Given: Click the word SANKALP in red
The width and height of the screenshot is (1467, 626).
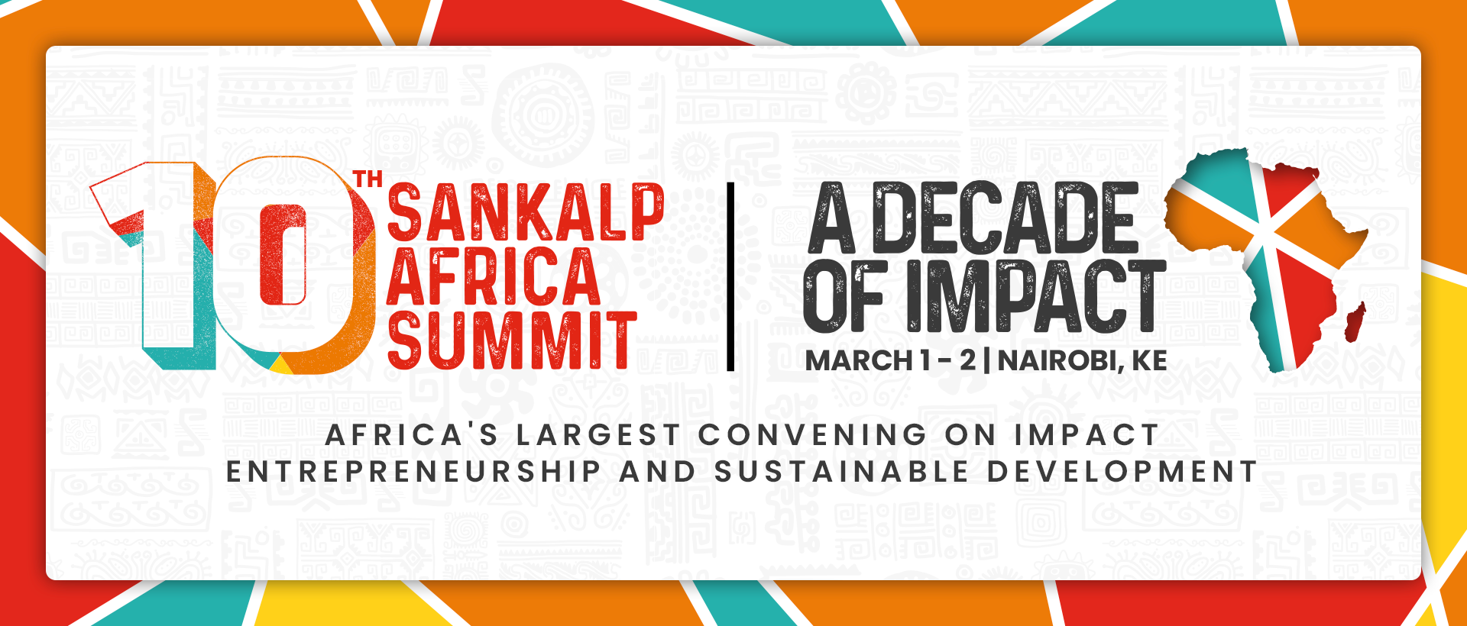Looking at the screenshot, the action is pos(526,213).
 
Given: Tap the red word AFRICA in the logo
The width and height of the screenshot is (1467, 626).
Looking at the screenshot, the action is pos(494,276).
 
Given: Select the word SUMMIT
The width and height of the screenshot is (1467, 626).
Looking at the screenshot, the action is pos(512,340).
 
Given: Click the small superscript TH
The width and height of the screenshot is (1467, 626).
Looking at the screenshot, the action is pos(368,180).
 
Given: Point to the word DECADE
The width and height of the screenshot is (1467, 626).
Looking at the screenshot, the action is pos(1006,218).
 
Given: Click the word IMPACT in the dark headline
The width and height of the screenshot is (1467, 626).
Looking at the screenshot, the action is pos(1036,296).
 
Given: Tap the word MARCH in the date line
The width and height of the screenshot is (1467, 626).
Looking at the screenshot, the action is pos(860,360).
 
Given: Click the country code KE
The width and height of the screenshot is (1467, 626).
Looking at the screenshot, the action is pos(1149,360).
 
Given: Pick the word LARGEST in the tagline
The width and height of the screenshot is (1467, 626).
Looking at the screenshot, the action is pos(598,435).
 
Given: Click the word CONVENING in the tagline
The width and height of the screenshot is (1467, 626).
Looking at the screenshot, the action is pos(813,435).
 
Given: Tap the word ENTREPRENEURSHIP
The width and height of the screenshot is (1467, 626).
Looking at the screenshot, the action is pos(413,472).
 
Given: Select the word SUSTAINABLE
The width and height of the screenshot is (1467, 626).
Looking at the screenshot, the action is pos(841,472).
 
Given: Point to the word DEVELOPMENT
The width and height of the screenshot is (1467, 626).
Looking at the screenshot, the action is pos(1122,472).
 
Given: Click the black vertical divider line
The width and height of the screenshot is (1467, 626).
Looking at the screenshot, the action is pos(730,276).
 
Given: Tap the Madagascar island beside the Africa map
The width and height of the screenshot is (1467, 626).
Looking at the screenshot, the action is pos(1355,322).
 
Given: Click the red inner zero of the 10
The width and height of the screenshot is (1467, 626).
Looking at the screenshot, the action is pos(283,254).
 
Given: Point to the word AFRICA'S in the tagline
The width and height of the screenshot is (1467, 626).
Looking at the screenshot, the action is pos(412,435).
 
